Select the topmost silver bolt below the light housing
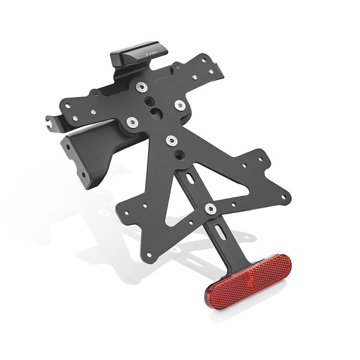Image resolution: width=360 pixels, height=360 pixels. (142, 87)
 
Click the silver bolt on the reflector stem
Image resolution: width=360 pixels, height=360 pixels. (210, 208)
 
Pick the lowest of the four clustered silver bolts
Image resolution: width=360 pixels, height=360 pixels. (172, 140)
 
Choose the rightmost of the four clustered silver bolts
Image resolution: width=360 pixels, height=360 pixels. (180, 106)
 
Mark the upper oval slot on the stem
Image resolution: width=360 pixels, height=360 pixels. (190, 179)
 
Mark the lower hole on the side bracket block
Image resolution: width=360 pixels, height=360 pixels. (84, 175)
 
